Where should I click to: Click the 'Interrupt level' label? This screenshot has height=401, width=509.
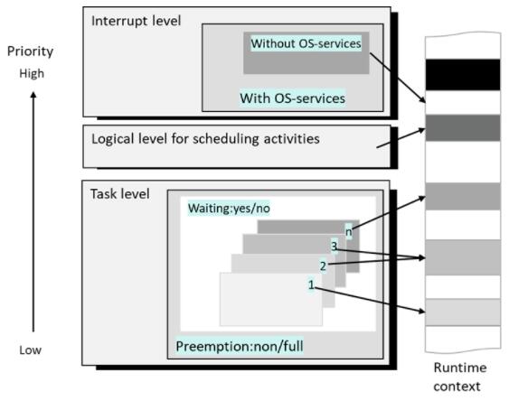[x=136, y=21]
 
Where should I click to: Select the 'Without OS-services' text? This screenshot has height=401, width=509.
[x=306, y=43]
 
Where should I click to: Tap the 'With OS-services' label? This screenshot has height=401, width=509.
[x=292, y=98]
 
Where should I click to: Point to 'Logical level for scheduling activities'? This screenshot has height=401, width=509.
[x=205, y=139]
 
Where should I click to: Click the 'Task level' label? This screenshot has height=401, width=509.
[x=119, y=194]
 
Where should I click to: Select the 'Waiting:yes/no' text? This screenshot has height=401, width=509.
[x=229, y=208]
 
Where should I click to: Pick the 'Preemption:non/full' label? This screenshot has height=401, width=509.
[x=240, y=346]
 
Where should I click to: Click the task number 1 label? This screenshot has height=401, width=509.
[x=311, y=284]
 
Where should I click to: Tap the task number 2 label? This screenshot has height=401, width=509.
[x=323, y=266]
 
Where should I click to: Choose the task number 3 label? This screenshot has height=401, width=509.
[x=334, y=247]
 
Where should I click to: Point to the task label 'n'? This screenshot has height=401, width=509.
[x=348, y=232]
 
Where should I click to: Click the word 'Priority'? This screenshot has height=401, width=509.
[x=30, y=51]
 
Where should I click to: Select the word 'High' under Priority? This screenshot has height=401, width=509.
[x=32, y=73]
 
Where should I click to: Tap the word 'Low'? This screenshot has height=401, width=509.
[x=30, y=350]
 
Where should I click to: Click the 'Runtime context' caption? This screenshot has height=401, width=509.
[x=459, y=377]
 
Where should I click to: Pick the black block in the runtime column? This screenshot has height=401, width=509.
[x=463, y=75]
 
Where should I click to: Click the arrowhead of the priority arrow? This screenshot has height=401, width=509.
[x=33, y=95]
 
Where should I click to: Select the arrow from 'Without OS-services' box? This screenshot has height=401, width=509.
[x=398, y=78]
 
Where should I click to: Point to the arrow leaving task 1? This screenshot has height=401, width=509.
[x=370, y=300]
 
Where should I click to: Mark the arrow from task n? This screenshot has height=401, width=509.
[x=389, y=212]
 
